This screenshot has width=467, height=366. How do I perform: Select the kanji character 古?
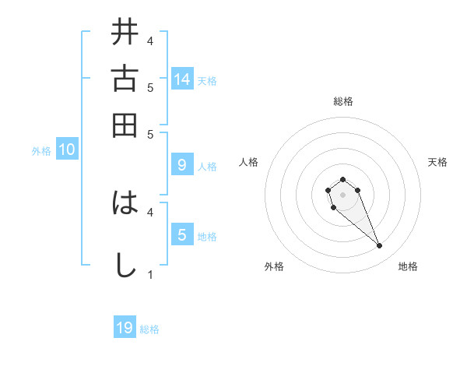pyautogui.click(x=125, y=79)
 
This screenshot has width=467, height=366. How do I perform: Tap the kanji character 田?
pyautogui.click(x=125, y=125)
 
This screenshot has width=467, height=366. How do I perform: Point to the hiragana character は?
pyautogui.click(x=125, y=203)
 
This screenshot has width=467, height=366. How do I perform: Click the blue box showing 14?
pyautogui.click(x=182, y=79)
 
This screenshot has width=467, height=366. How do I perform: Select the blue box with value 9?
pyautogui.click(x=182, y=165)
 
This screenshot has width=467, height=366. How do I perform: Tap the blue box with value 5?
pyautogui.click(x=182, y=235)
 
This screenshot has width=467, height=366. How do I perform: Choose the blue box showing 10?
pyautogui.click(x=67, y=150)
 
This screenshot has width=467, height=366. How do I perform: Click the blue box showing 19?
pyautogui.click(x=125, y=328)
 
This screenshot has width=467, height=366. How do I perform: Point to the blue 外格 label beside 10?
pyautogui.click(x=41, y=151)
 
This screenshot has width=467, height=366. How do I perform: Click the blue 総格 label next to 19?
pyautogui.click(x=149, y=329)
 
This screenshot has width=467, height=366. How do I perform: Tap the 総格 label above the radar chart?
pyautogui.click(x=342, y=101)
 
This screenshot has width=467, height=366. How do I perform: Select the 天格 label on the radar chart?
pyautogui.click(x=437, y=162)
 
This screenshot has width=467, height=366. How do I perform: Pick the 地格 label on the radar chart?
pyautogui.click(x=408, y=266)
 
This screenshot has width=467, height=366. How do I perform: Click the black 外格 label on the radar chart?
pyautogui.click(x=274, y=266)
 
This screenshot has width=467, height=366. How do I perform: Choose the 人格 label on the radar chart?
pyautogui.click(x=249, y=162)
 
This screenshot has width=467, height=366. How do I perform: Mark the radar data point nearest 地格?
pyautogui.click(x=379, y=246)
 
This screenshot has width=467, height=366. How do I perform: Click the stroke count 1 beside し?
pyautogui.click(x=149, y=274)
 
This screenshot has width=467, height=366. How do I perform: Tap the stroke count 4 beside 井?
pyautogui.click(x=149, y=40)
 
